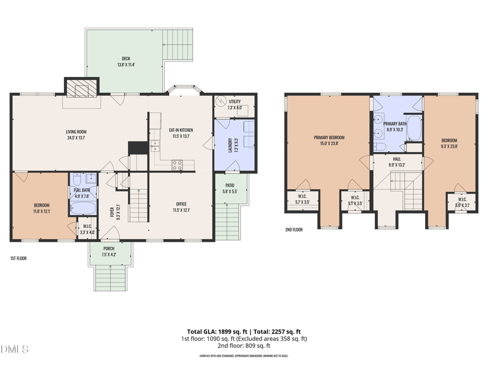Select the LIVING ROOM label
(x=76, y=131)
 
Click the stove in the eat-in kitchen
(x=177, y=165)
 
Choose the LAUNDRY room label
(x=230, y=143)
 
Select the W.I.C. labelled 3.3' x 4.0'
(x=87, y=229)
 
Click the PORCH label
(x=109, y=248)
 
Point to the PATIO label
(x=230, y=185)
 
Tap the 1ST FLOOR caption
(x=18, y=259)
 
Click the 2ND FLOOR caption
(x=294, y=229)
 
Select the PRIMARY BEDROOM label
(x=329, y=137)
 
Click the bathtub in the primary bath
(x=414, y=128)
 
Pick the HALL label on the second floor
(x=397, y=159)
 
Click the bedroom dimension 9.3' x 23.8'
(x=449, y=146)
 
